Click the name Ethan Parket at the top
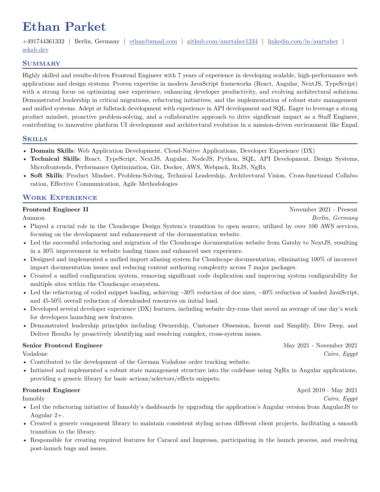click(x=64, y=27)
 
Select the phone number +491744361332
click(x=44, y=41)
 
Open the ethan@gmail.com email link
click(x=153, y=41)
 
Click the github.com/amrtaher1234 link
click(x=222, y=41)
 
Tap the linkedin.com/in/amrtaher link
click(x=303, y=41)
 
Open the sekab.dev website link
click(x=35, y=49)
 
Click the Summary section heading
click(x=41, y=63)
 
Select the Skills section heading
click(x=35, y=139)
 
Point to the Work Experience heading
click(x=60, y=197)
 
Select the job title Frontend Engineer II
click(x=55, y=210)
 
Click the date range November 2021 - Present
click(x=323, y=210)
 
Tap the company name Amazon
click(x=33, y=218)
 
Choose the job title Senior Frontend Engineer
click(x=62, y=346)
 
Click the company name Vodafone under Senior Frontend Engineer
click(x=35, y=354)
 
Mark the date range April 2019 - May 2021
click(x=327, y=390)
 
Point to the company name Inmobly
click(x=33, y=398)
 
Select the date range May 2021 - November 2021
click(x=320, y=346)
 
